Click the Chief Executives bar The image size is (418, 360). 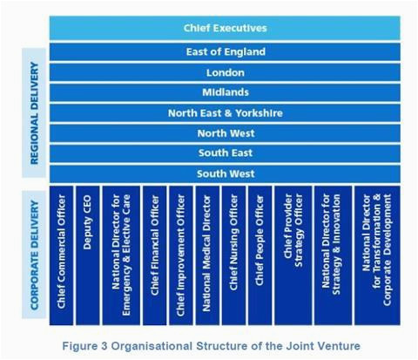point(225,28)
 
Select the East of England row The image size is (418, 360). point(225,51)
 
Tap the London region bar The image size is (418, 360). point(225,72)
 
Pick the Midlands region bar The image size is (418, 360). point(225,92)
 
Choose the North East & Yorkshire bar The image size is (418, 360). point(225,112)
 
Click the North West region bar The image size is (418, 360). point(225,133)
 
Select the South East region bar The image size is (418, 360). point(225,153)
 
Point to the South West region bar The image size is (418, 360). point(225,173)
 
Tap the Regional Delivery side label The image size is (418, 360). point(34,112)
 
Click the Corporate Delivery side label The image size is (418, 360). point(34,255)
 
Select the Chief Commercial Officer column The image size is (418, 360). point(61,255)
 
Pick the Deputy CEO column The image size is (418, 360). point(88,255)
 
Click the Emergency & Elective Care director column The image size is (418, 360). point(121,255)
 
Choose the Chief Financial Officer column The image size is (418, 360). point(155,255)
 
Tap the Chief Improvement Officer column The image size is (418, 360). point(181,255)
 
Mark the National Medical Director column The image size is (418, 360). point(207,255)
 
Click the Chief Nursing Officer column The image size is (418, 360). point(233,255)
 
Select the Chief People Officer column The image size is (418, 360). point(260,255)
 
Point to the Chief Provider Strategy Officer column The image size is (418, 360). point(293,255)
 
